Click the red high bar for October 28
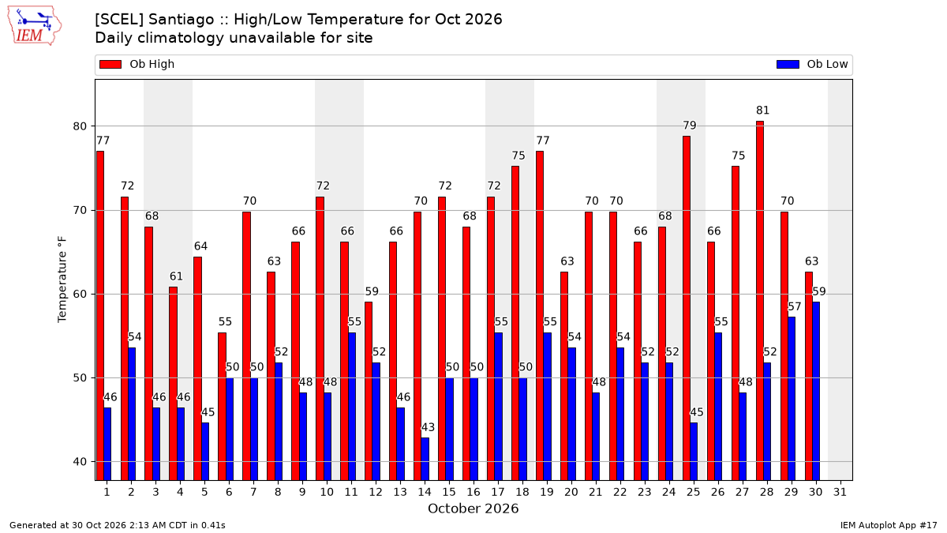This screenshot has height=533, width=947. (760, 301)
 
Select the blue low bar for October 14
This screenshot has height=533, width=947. (425, 459)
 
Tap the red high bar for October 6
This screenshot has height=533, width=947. (222, 407)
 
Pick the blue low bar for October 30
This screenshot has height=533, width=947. (816, 392)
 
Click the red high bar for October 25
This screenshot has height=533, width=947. (686, 309)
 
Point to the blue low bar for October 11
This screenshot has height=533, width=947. (352, 407)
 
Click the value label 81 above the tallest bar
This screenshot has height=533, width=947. (762, 111)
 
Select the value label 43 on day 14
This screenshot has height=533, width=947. (428, 427)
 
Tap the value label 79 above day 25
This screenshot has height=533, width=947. (690, 126)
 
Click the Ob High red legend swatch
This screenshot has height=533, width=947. (110, 64)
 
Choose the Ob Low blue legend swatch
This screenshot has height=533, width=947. (788, 64)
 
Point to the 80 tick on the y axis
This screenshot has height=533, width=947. (80, 126)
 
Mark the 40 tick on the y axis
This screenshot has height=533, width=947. (80, 461)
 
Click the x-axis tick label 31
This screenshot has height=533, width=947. (840, 493)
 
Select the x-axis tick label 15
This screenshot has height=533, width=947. (449, 493)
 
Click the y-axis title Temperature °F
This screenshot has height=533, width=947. (62, 280)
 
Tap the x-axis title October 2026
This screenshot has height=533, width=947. (473, 509)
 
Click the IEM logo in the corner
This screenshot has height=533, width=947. (34, 26)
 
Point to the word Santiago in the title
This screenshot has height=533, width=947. (182, 20)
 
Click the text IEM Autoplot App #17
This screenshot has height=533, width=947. (889, 525)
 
